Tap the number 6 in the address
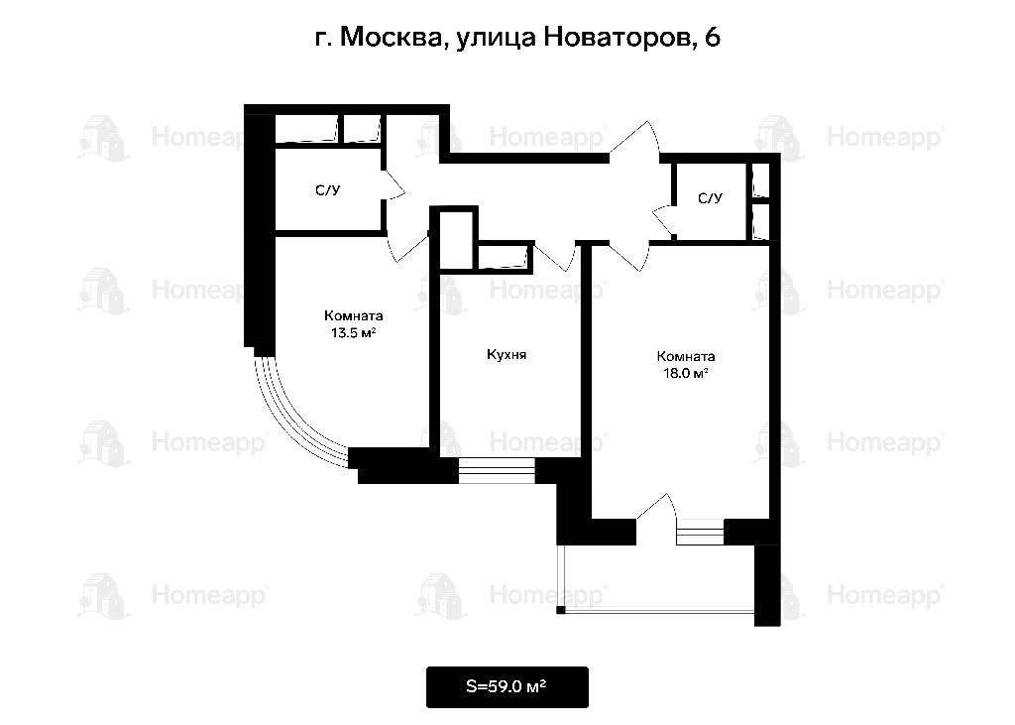[712, 37]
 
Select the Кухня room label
[507, 354]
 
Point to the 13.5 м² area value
[354, 333]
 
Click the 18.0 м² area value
[685, 373]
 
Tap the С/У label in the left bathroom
[327, 190]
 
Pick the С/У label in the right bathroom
[710, 198]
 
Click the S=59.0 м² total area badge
[507, 686]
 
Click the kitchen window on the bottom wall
[497, 470]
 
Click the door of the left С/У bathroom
[395, 184]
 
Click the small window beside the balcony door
[700, 532]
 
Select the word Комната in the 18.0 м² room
[686, 356]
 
